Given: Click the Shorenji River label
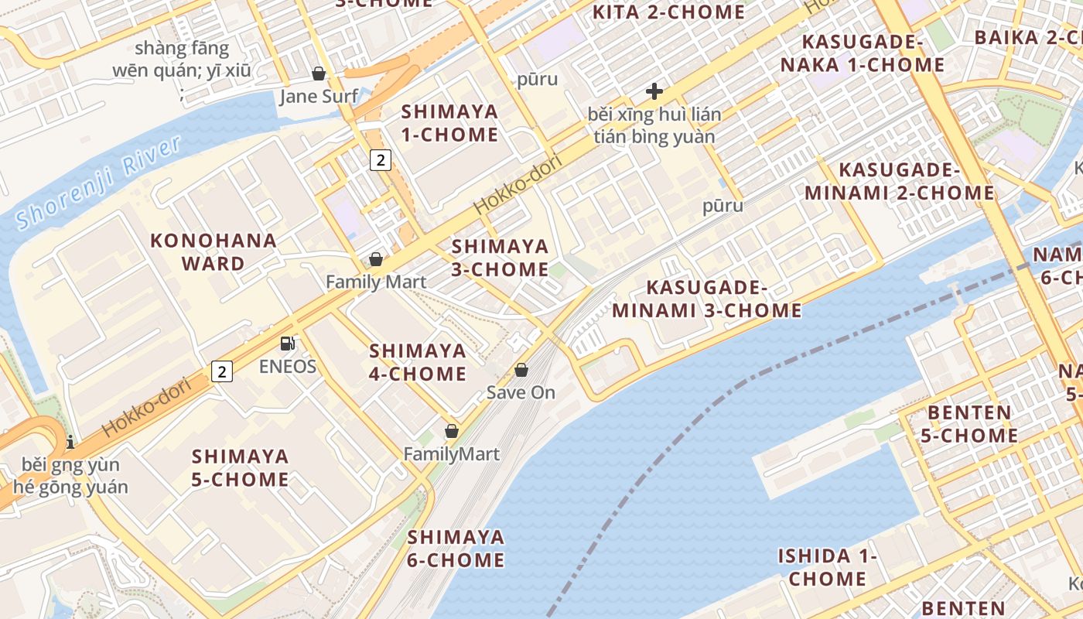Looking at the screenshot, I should click(98, 183).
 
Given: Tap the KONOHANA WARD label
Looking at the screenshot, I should click(214, 251).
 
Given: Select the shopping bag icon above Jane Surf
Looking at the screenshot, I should click(318, 74).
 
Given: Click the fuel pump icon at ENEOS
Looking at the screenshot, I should click(287, 344).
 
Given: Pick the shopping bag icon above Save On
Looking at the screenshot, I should click(521, 370).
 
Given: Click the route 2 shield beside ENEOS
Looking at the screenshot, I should click(222, 371).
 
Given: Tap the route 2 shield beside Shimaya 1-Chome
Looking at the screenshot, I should click(380, 160).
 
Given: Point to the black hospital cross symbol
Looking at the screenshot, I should click(654, 91).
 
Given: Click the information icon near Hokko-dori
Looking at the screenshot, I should click(70, 442).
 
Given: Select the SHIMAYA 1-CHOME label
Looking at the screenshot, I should click(449, 123).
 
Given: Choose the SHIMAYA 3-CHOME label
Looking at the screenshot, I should click(500, 258).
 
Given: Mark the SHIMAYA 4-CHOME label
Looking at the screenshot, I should click(418, 362).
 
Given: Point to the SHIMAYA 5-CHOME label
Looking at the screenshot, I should click(240, 467).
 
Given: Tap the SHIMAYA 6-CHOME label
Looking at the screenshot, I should click(456, 548).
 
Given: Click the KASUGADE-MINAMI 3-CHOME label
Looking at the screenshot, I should click(706, 299).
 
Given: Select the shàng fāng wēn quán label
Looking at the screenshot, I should click(182, 60).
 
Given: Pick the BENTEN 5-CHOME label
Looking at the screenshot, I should click(972, 423).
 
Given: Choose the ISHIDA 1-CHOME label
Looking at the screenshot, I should click(828, 566).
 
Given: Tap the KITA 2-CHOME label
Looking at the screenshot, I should click(668, 12).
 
